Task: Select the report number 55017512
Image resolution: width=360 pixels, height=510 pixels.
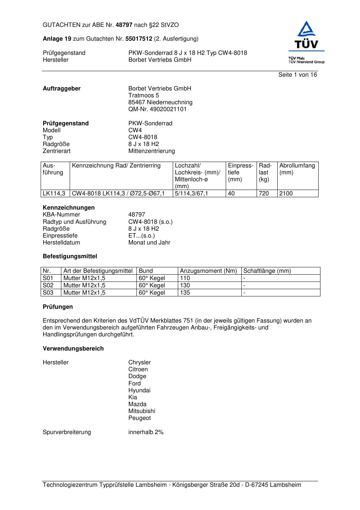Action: tap(139, 39)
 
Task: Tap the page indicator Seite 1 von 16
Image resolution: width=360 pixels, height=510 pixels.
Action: tap(297, 75)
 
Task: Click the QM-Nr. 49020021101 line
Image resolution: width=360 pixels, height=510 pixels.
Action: tap(157, 109)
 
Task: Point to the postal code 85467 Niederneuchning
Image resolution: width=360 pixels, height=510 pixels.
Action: tap(160, 102)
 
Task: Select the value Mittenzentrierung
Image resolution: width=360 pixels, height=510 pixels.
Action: tap(151, 151)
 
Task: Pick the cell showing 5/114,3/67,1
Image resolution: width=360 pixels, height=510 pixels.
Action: tap(191, 194)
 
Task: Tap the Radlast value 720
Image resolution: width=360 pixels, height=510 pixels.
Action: tap(264, 194)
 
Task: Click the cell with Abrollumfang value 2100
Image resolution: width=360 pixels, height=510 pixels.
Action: tap(286, 194)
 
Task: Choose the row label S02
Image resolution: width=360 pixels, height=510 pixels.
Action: tap(48, 286)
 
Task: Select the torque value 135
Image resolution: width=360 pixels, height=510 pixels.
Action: tap(185, 293)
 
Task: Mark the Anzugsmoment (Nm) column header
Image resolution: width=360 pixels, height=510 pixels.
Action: tap(208, 271)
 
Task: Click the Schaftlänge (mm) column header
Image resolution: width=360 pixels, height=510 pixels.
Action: tap(267, 271)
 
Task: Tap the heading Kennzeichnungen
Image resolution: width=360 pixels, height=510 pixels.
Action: tap(69, 208)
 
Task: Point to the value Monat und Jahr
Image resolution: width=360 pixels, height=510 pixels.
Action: tap(149, 243)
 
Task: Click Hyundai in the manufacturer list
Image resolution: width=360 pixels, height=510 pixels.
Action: tap(139, 390)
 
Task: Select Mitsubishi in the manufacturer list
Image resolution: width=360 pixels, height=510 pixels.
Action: tap(142, 411)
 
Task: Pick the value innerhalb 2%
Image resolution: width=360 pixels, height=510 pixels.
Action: tap(146, 432)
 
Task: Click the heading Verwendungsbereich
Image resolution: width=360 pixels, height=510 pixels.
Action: tap(73, 349)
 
